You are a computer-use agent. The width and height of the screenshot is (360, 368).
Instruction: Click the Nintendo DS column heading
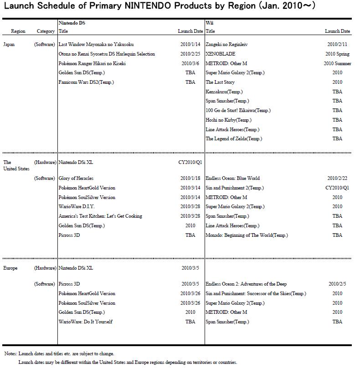tap(72, 23)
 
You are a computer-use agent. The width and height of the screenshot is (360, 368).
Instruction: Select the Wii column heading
tap(210, 23)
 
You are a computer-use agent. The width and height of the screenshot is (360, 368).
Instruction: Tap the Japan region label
tap(9, 45)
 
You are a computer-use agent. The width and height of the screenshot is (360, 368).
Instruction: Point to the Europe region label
tap(10, 268)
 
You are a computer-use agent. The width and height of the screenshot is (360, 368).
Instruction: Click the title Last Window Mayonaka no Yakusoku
tap(96, 45)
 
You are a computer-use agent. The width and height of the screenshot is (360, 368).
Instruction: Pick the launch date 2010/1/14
tap(190, 45)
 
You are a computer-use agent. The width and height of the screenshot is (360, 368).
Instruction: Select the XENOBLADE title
tap(220, 54)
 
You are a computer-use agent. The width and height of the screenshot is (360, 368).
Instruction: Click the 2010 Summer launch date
tap(337, 63)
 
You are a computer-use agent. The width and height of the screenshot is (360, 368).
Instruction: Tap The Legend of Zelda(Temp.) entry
tap(234, 139)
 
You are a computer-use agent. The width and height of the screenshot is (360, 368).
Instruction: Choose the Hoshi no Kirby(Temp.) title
tap(228, 120)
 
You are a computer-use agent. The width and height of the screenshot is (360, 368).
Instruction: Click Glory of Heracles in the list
tap(76, 179)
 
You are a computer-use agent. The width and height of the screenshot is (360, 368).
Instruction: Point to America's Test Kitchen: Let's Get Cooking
tap(100, 216)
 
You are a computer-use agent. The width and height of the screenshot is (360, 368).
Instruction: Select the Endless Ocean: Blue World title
tap(232, 179)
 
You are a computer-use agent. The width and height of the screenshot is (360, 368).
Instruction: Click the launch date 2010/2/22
tap(337, 179)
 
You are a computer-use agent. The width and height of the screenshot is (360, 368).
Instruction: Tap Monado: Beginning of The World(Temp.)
tap(247, 235)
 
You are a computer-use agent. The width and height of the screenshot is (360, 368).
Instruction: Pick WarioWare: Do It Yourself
tap(85, 322)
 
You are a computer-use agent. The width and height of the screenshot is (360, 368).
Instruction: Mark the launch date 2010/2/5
tap(337, 284)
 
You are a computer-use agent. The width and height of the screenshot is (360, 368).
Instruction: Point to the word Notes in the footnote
tap(10, 354)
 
